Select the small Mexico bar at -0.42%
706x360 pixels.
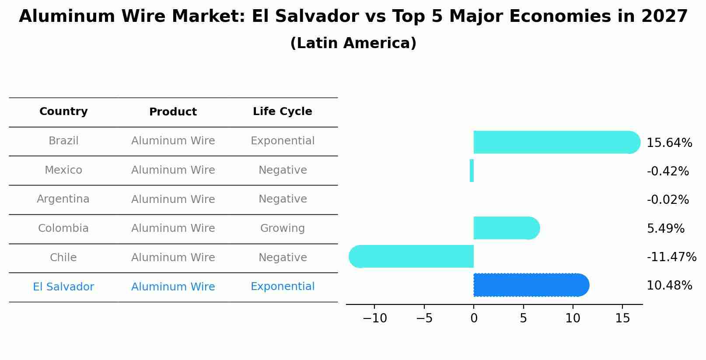click(472, 171)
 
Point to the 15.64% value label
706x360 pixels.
click(669, 143)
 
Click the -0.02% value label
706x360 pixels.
click(668, 200)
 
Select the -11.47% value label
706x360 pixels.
click(671, 257)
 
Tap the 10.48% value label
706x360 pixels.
click(669, 286)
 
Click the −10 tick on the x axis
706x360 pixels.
click(374, 318)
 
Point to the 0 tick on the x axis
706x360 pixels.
click(474, 318)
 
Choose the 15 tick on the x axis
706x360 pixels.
click(622, 318)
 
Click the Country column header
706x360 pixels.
click(63, 112)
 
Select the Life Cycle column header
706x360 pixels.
click(282, 112)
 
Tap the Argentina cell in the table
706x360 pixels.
click(63, 199)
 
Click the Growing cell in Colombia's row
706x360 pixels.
click(282, 228)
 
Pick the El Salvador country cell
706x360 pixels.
click(63, 287)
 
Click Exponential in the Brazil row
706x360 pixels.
click(282, 141)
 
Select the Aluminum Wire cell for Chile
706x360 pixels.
click(173, 258)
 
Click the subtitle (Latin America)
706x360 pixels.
click(353, 43)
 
